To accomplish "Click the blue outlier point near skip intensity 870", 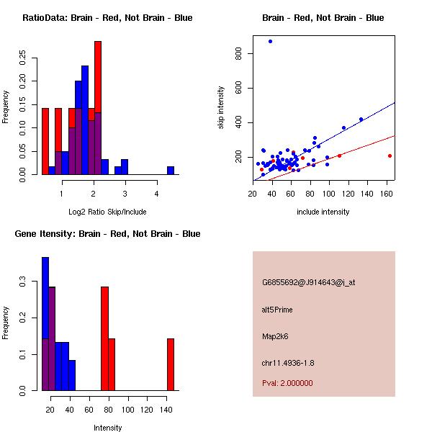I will pyautogui.click(x=270, y=41).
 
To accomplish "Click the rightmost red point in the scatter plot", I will pyautogui.click(x=390, y=156).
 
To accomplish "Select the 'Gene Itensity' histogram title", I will pyautogui.click(x=104, y=234).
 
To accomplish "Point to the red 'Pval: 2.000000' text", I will pyautogui.click(x=287, y=383).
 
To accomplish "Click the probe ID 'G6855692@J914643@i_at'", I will pyautogui.click(x=308, y=282).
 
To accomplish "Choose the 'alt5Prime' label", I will pyautogui.click(x=277, y=310).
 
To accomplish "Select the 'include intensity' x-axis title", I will pyautogui.click(x=323, y=212).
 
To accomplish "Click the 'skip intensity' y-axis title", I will pyautogui.click(x=221, y=108).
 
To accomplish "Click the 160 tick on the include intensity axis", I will pyautogui.click(x=387, y=194).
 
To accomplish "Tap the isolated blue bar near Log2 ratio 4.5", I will pyautogui.click(x=171, y=171).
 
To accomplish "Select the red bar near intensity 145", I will pyautogui.click(x=171, y=364).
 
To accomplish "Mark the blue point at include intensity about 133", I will pyautogui.click(x=361, y=120).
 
